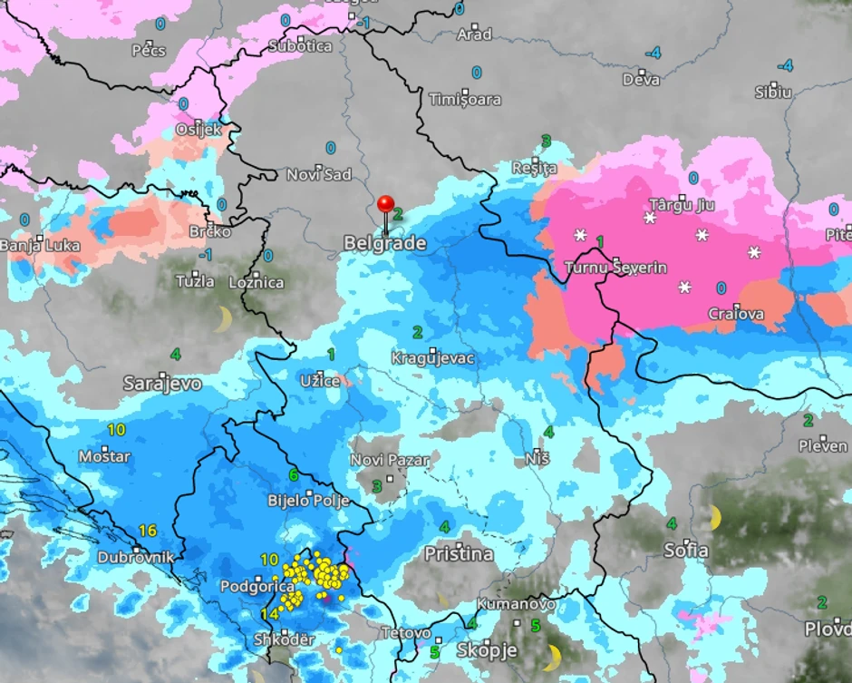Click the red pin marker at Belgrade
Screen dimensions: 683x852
pos(386,205)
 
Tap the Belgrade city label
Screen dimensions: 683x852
pos(384,243)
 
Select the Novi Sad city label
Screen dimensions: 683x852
pos(319,174)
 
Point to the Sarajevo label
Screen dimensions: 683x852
pos(162,385)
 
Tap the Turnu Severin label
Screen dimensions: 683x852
pos(615,268)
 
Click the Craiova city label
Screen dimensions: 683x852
pos(735,315)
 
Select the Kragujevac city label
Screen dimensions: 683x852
pos(432,358)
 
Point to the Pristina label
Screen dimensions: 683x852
pos(460,553)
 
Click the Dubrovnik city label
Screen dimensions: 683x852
pos(135,557)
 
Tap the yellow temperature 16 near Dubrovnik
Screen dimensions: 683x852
pos(148,531)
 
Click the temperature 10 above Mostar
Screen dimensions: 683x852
pos(116,429)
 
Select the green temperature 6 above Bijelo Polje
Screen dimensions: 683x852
pos(294,474)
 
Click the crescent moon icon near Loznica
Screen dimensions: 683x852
pos(223,318)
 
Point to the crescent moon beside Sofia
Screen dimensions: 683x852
pos(715,518)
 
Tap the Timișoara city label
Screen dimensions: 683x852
pos(465,99)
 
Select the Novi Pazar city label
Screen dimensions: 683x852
pos(390,460)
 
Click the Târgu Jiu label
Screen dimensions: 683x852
pos(683,205)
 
